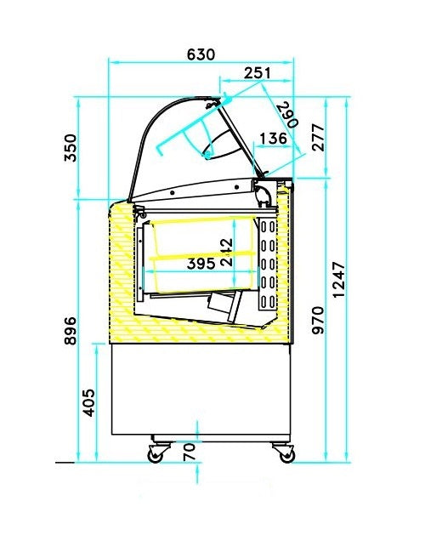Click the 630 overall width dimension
point(201,54)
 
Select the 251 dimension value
point(258,74)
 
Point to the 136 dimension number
point(273,139)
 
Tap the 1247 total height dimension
point(340,281)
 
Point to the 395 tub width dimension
point(201,264)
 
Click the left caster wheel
point(156,455)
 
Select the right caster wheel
point(286,455)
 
